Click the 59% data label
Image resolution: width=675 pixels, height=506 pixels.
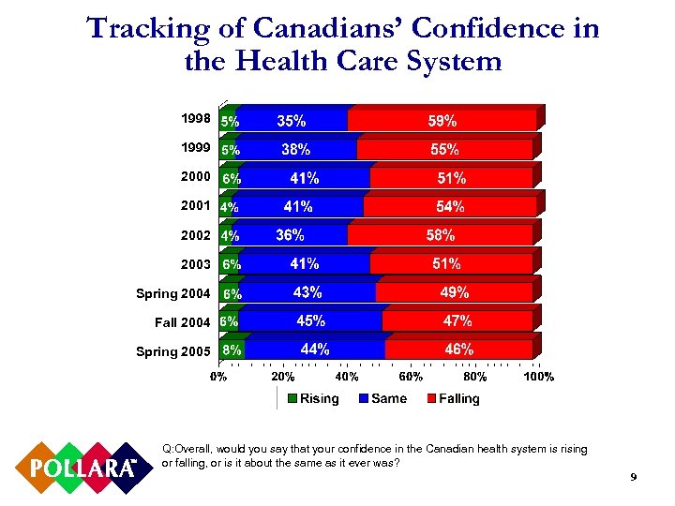click(x=442, y=121)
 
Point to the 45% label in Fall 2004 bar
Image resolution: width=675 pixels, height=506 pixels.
click(x=311, y=321)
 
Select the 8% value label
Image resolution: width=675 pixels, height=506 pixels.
click(x=232, y=350)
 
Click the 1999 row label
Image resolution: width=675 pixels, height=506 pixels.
click(x=196, y=148)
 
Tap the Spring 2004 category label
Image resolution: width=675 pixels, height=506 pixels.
click(x=173, y=294)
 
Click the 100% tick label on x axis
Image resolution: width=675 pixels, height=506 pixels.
click(x=539, y=377)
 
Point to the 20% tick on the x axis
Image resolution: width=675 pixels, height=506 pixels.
click(x=283, y=377)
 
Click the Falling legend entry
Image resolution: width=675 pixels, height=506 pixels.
click(x=453, y=399)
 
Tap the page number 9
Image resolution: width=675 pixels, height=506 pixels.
click(x=634, y=479)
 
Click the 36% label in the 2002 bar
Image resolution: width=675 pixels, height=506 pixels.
click(x=290, y=235)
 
